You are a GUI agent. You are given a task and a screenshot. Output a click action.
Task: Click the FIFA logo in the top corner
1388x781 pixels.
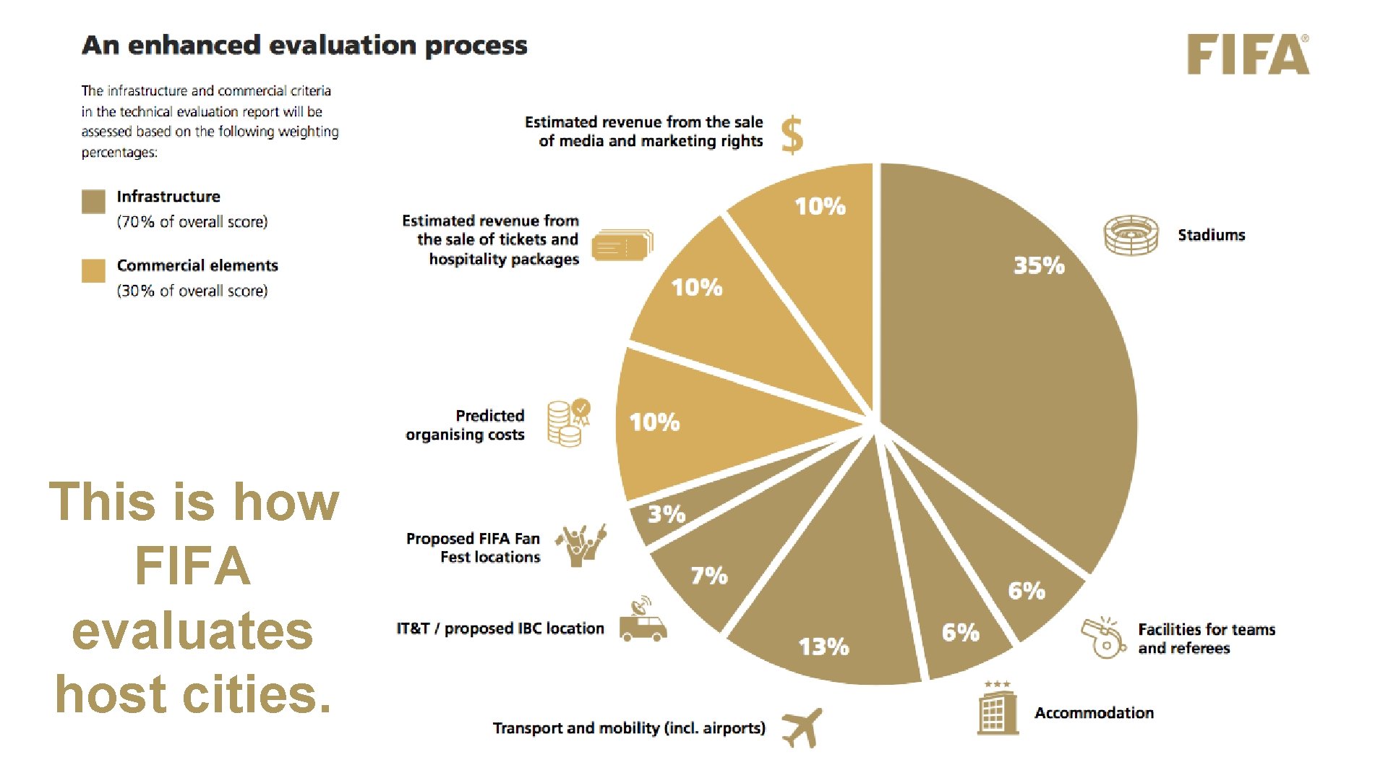pos(1248,54)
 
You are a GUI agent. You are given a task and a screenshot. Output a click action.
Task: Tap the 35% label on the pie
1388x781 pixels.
pos(1039,265)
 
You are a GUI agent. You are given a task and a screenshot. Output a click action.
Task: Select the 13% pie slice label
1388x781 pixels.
pos(823,646)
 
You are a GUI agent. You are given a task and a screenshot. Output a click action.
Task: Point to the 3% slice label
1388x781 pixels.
pos(666,514)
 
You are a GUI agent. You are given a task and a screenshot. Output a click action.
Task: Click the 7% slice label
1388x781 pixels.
pos(709,576)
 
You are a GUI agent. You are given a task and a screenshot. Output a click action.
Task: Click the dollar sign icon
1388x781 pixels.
pos(792,135)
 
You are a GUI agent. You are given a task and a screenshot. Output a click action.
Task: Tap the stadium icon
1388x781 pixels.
pos(1131,235)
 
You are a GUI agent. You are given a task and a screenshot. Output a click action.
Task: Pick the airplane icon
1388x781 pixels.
pos(802,727)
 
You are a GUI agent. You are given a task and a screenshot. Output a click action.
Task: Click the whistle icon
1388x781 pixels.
pos(1103,637)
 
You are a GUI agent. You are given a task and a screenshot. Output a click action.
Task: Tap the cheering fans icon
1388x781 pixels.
pos(581,545)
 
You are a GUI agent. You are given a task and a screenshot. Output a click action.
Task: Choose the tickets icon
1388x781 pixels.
pos(622,245)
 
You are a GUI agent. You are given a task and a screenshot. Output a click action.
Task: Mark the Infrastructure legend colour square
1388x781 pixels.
pos(93,202)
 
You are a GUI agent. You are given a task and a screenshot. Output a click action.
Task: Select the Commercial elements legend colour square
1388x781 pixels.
pos(93,270)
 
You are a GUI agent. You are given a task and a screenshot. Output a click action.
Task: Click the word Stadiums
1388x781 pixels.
pos(1212,235)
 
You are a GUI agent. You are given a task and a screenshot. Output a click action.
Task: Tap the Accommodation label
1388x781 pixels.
pos(1094,713)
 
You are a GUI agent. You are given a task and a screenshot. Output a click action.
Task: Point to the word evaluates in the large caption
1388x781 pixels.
pos(192,631)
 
